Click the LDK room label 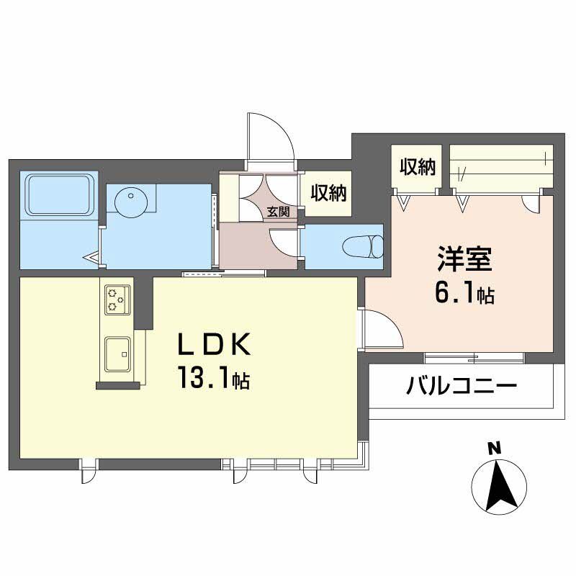coord(214,343)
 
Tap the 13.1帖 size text coord(214,377)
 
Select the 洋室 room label coord(464,258)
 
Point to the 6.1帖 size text coord(464,293)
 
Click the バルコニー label coord(462,386)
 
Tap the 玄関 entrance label coord(278,212)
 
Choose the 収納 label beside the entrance coord(328,192)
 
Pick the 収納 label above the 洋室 coord(418,167)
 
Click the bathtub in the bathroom coord(60,194)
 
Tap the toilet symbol coord(363,246)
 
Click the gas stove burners coord(117,300)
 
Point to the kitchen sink coord(117,354)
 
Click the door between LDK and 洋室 coord(383,329)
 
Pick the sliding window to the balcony coord(474,358)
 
